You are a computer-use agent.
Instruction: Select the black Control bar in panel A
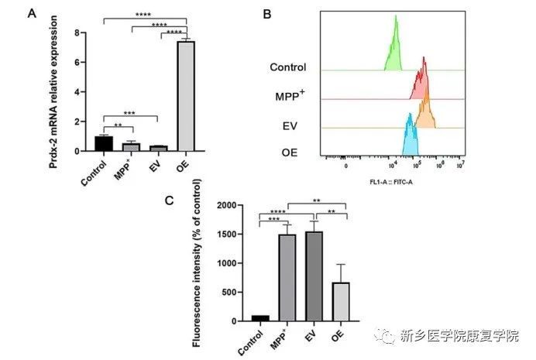(x=104, y=144)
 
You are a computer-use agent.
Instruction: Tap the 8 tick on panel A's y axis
(x=77, y=33)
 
